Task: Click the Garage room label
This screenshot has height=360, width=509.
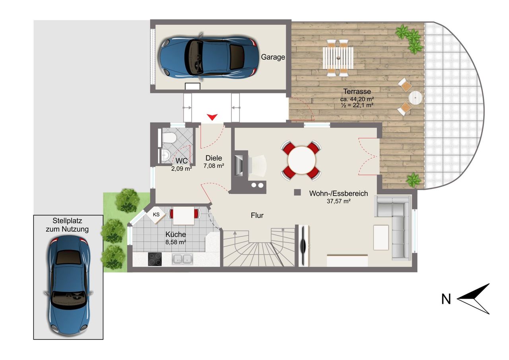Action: click(x=273, y=57)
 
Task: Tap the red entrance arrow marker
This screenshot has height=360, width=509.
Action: click(x=212, y=117)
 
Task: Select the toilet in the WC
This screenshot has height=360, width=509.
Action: click(x=169, y=138)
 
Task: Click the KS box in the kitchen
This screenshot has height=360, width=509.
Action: click(x=156, y=215)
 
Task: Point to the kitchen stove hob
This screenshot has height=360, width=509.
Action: click(x=155, y=259)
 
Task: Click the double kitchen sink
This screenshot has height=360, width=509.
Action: click(x=182, y=259)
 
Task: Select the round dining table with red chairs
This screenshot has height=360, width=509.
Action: click(x=301, y=160)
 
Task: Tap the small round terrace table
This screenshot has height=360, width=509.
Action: click(x=416, y=98)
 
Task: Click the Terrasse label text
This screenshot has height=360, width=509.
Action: click(x=357, y=91)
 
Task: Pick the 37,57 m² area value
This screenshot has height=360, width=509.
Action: click(x=338, y=201)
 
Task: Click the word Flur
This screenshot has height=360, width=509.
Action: click(x=257, y=216)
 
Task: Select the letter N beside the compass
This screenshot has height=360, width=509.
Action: click(x=446, y=299)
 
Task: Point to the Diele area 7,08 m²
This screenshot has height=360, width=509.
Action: click(x=214, y=166)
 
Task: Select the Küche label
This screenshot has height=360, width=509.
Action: click(x=175, y=234)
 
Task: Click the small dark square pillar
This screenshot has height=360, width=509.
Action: click(x=297, y=192)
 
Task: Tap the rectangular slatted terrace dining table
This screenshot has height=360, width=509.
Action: click(x=338, y=58)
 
